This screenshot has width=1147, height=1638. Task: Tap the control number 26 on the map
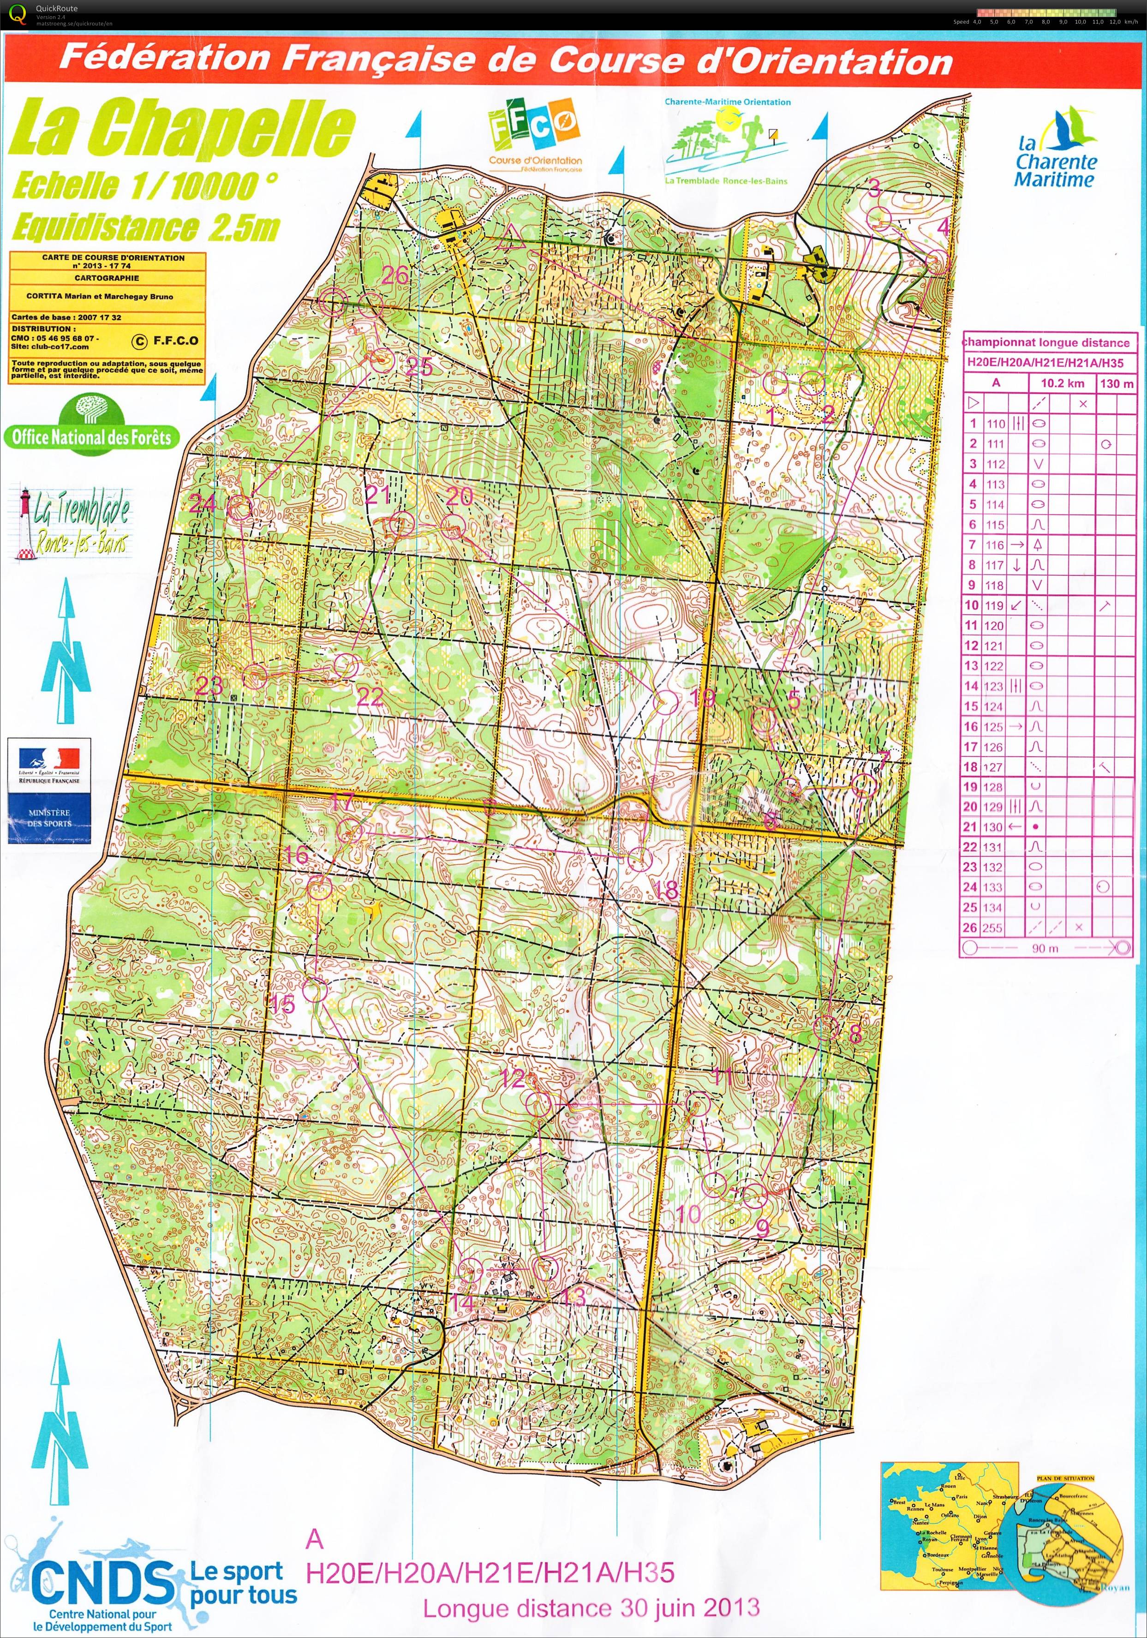point(395,275)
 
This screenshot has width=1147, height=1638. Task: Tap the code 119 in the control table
point(994,606)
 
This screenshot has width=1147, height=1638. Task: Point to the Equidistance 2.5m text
point(146,227)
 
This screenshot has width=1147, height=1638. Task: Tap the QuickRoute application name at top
point(57,9)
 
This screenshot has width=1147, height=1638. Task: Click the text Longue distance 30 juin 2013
point(591,1609)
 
